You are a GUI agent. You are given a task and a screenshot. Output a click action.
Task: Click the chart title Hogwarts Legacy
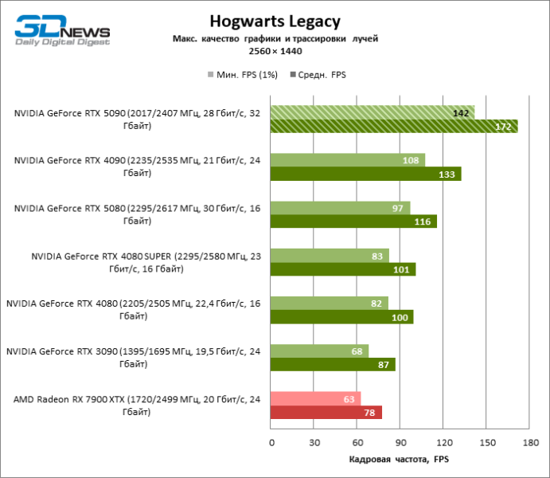275,22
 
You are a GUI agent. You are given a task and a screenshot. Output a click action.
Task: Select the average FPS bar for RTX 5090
394,127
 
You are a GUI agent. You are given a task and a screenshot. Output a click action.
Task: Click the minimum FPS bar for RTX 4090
348,160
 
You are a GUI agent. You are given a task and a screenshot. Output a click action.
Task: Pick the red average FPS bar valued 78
326,413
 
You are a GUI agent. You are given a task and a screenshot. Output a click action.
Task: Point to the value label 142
461,113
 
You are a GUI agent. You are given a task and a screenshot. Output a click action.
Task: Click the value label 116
423,222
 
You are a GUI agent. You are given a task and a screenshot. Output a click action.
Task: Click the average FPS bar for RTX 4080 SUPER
343,270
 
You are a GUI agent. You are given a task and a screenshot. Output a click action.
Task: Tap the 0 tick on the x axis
271,442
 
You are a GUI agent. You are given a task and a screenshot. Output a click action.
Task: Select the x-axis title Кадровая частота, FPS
399,460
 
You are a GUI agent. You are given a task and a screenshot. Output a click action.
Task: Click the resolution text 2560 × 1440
275,50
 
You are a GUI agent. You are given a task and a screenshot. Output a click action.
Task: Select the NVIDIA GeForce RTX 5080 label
135,213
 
